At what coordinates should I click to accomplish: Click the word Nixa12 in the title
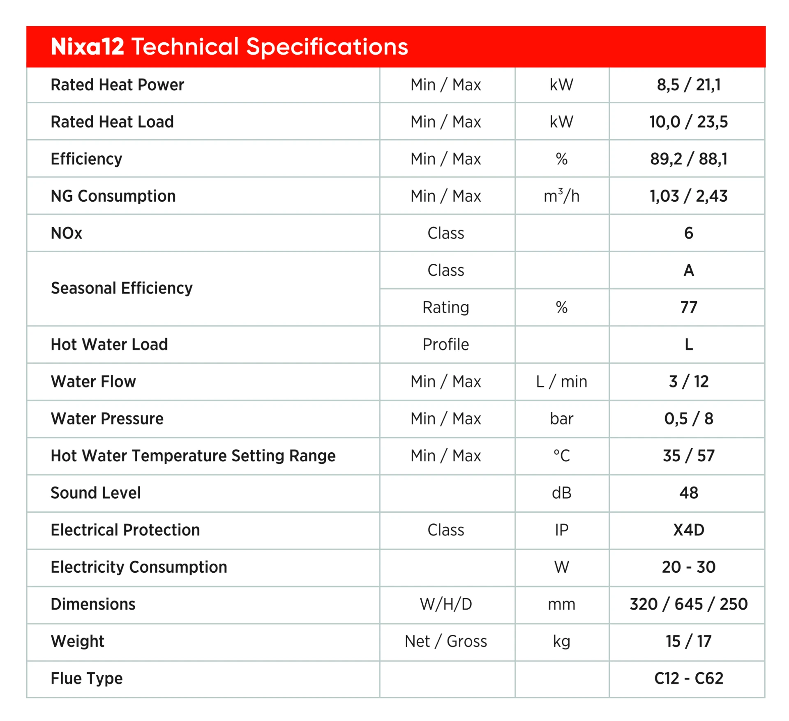(x=87, y=46)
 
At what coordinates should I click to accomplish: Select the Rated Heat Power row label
(x=117, y=85)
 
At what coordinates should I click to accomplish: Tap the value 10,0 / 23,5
(x=688, y=122)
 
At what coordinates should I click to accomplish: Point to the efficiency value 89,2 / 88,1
(x=688, y=159)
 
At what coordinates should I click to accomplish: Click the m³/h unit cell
(x=561, y=196)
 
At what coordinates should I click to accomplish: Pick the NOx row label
(x=67, y=233)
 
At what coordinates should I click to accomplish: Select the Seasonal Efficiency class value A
(x=688, y=270)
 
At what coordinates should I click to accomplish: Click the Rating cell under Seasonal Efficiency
(x=445, y=307)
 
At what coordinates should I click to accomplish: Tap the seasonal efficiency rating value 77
(x=688, y=307)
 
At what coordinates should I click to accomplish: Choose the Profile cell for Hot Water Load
(x=445, y=345)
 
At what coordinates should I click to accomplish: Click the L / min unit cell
(x=561, y=382)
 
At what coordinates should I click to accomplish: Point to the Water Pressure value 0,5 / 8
(x=688, y=419)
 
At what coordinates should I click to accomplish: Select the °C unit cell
(x=561, y=456)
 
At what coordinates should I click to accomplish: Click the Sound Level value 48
(x=688, y=493)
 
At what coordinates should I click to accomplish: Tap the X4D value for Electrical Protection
(x=688, y=530)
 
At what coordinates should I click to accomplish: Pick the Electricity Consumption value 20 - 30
(x=688, y=567)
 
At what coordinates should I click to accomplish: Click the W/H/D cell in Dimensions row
(x=445, y=604)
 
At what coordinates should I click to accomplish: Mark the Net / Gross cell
(x=445, y=641)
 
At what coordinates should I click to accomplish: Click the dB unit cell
(x=561, y=493)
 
